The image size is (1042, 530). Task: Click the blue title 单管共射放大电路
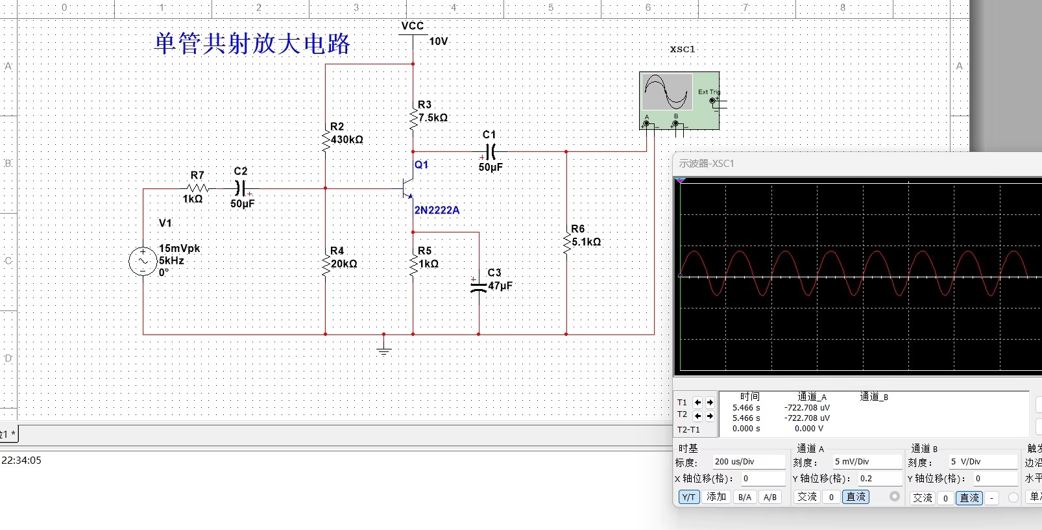(252, 44)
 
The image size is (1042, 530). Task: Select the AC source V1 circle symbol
(143, 261)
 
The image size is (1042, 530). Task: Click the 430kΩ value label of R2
(347, 140)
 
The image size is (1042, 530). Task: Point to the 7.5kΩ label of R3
(433, 118)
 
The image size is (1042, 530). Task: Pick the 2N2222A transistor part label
(437, 210)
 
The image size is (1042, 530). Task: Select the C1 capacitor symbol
(490, 151)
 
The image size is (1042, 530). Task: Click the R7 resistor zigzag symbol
(197, 188)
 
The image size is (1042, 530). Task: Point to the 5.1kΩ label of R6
(587, 242)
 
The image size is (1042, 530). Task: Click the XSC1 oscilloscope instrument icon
(679, 101)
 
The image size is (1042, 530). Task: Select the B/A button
(745, 498)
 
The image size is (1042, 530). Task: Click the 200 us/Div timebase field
(749, 462)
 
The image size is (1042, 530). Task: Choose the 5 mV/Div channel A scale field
(866, 462)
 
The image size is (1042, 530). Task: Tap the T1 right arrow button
(710, 403)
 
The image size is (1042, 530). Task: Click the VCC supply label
(413, 26)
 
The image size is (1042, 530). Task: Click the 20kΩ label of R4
(345, 264)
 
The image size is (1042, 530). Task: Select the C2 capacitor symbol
(240, 188)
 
